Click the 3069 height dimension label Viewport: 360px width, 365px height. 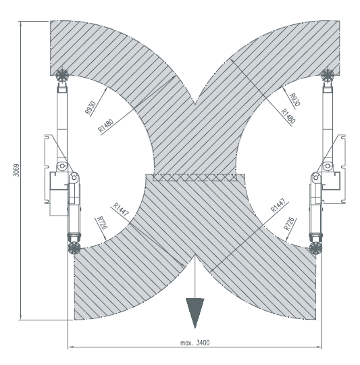tap(16, 170)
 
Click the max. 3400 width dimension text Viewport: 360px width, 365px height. tap(195, 343)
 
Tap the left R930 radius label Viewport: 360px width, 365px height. tap(91, 108)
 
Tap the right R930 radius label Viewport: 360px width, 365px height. tap(295, 99)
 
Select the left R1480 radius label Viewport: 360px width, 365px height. tap(105, 126)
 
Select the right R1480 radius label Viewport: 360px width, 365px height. tap(288, 116)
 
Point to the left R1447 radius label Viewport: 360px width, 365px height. tap(121, 209)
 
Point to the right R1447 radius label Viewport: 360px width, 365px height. tap(278, 205)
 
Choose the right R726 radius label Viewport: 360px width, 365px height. tap(290, 224)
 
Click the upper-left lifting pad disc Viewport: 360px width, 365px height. tap(62, 75)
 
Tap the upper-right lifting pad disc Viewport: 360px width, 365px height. tap(328, 75)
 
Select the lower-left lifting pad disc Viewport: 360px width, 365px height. tap(74, 248)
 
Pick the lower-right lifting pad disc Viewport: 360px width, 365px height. tap(315, 248)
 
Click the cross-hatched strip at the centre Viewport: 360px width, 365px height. tap(195, 177)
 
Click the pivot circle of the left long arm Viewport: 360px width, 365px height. tap(62, 166)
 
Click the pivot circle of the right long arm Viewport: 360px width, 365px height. tap(328, 166)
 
